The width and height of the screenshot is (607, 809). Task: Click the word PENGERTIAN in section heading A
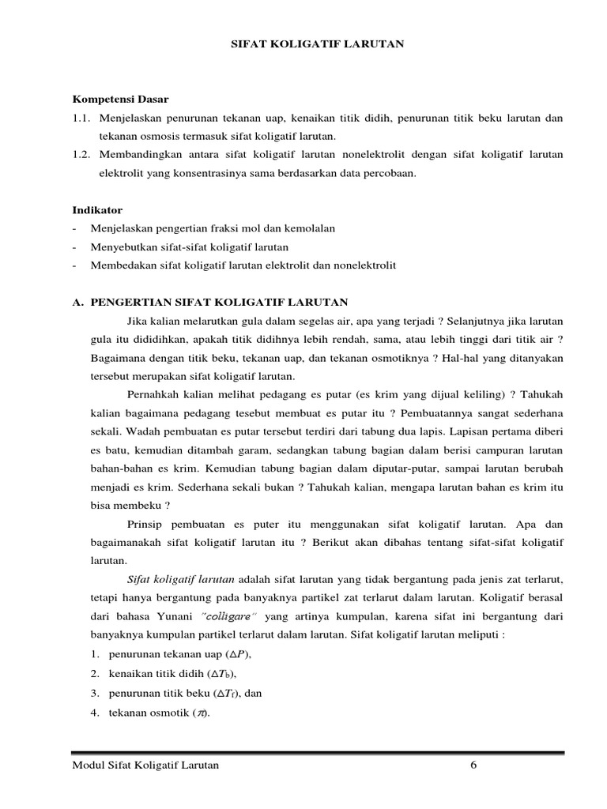(x=130, y=303)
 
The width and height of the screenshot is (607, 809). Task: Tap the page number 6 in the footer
(x=473, y=766)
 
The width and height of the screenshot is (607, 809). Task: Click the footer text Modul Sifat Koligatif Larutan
(x=145, y=766)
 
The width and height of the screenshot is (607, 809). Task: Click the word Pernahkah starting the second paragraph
(x=153, y=393)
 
